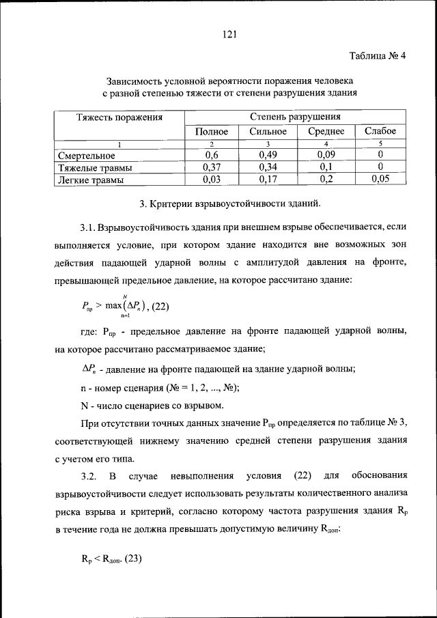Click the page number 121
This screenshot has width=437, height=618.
tap(229, 35)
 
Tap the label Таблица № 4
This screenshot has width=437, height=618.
tap(378, 57)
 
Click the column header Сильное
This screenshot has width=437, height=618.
tap(268, 131)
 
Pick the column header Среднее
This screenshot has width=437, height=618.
tap(326, 131)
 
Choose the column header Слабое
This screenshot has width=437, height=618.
tap(380, 131)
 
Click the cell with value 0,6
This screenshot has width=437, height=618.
tap(211, 156)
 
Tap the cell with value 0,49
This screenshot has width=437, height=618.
tap(268, 156)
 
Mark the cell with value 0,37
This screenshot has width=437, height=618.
tap(211, 168)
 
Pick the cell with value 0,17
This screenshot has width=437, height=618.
tap(268, 180)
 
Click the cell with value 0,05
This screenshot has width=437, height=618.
tap(380, 180)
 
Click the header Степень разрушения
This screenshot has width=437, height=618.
tap(295, 117)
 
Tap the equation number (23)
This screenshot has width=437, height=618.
tap(130, 558)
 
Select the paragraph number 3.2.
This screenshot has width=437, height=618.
tap(91, 475)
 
